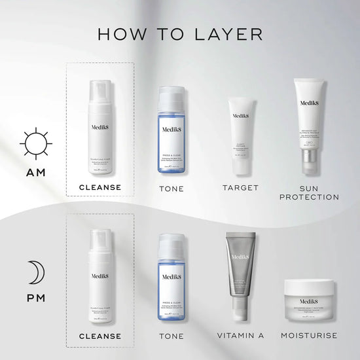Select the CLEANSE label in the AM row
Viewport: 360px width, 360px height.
99,187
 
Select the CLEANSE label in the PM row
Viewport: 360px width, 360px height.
99,336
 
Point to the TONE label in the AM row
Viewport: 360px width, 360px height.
171,189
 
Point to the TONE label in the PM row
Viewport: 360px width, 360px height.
171,336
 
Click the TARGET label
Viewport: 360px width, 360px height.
241,188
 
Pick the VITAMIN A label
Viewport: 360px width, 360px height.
241,336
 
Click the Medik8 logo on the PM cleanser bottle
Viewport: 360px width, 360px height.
100,277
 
